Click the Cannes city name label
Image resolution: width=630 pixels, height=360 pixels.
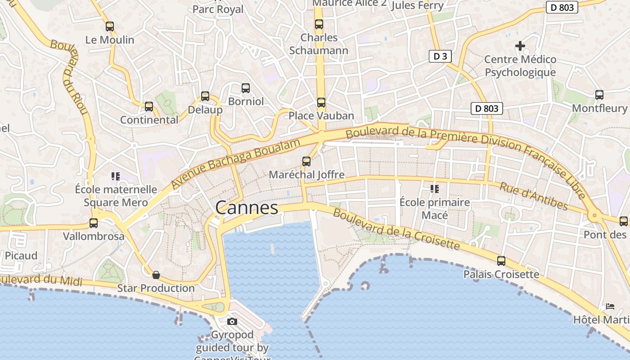(247, 208)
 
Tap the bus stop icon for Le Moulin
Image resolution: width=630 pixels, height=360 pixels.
(110, 27)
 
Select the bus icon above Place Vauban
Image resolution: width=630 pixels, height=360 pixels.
(321, 103)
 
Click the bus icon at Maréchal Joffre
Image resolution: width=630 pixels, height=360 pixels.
(306, 162)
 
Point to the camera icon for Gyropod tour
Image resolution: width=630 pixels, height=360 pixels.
(232, 321)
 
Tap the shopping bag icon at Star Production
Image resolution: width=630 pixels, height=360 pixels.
(156, 274)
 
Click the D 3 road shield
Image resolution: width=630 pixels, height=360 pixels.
(440, 56)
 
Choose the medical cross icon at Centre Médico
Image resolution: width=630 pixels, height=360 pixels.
(520, 46)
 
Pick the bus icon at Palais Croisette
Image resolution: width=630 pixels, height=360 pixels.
(501, 261)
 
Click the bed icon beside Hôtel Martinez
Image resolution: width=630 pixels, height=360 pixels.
(610, 306)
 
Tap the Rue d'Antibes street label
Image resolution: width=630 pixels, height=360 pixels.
(534, 196)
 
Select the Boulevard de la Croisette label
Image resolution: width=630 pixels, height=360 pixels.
(396, 229)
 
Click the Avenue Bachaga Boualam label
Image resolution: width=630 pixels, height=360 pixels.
(235, 164)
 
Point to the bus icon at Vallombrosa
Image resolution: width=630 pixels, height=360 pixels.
(94, 223)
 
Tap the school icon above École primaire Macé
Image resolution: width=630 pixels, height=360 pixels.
(434, 189)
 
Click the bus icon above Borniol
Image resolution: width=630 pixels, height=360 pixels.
(245, 88)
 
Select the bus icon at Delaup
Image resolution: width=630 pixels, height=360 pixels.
(205, 96)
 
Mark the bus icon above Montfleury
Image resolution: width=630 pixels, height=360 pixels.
(599, 95)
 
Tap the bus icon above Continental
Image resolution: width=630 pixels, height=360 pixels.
(149, 107)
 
